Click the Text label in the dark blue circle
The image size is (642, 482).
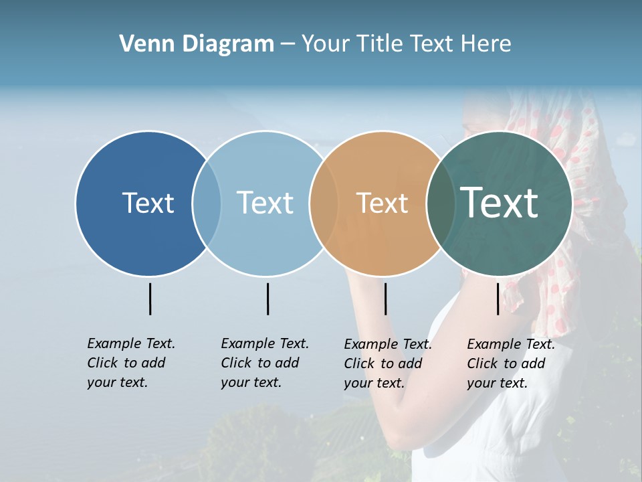click(x=148, y=203)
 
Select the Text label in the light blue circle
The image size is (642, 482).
click(x=265, y=203)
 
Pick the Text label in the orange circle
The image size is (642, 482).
click(x=382, y=203)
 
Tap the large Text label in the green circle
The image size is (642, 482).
click(x=500, y=203)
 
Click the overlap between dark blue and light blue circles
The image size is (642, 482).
click(x=207, y=203)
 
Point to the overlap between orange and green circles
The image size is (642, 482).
click(x=441, y=203)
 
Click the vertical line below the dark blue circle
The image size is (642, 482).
click(x=150, y=299)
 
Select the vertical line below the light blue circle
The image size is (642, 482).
click(x=267, y=299)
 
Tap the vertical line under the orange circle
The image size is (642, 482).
click(x=385, y=299)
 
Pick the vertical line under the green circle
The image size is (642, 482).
click(x=498, y=299)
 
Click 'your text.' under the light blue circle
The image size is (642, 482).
click(x=251, y=382)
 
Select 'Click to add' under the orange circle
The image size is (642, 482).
click(x=383, y=364)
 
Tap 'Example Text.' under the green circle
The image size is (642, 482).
click(x=511, y=344)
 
